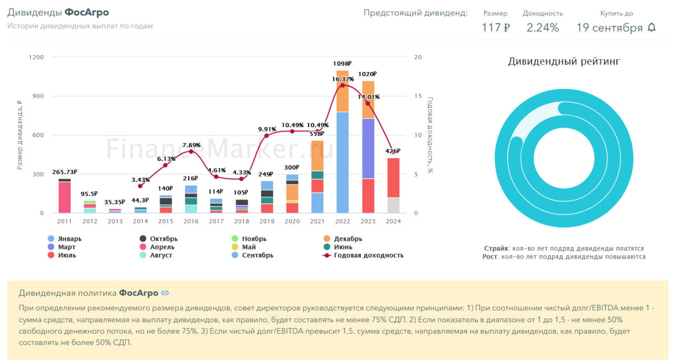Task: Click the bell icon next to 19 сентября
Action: point(651,27)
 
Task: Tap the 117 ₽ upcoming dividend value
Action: point(495,28)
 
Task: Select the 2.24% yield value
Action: point(543,28)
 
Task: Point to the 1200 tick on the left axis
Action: point(36,57)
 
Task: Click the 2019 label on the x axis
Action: point(267,221)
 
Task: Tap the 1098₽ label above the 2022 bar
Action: point(342,64)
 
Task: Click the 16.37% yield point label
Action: point(342,79)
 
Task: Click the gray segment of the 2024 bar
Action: point(393,205)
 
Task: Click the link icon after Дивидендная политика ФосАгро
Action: point(165,293)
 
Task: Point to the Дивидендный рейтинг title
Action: point(564,61)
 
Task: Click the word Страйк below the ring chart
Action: point(495,248)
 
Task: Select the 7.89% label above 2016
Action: point(191,145)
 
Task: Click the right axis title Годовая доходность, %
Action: point(430,135)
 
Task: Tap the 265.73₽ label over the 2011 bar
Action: point(65,172)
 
